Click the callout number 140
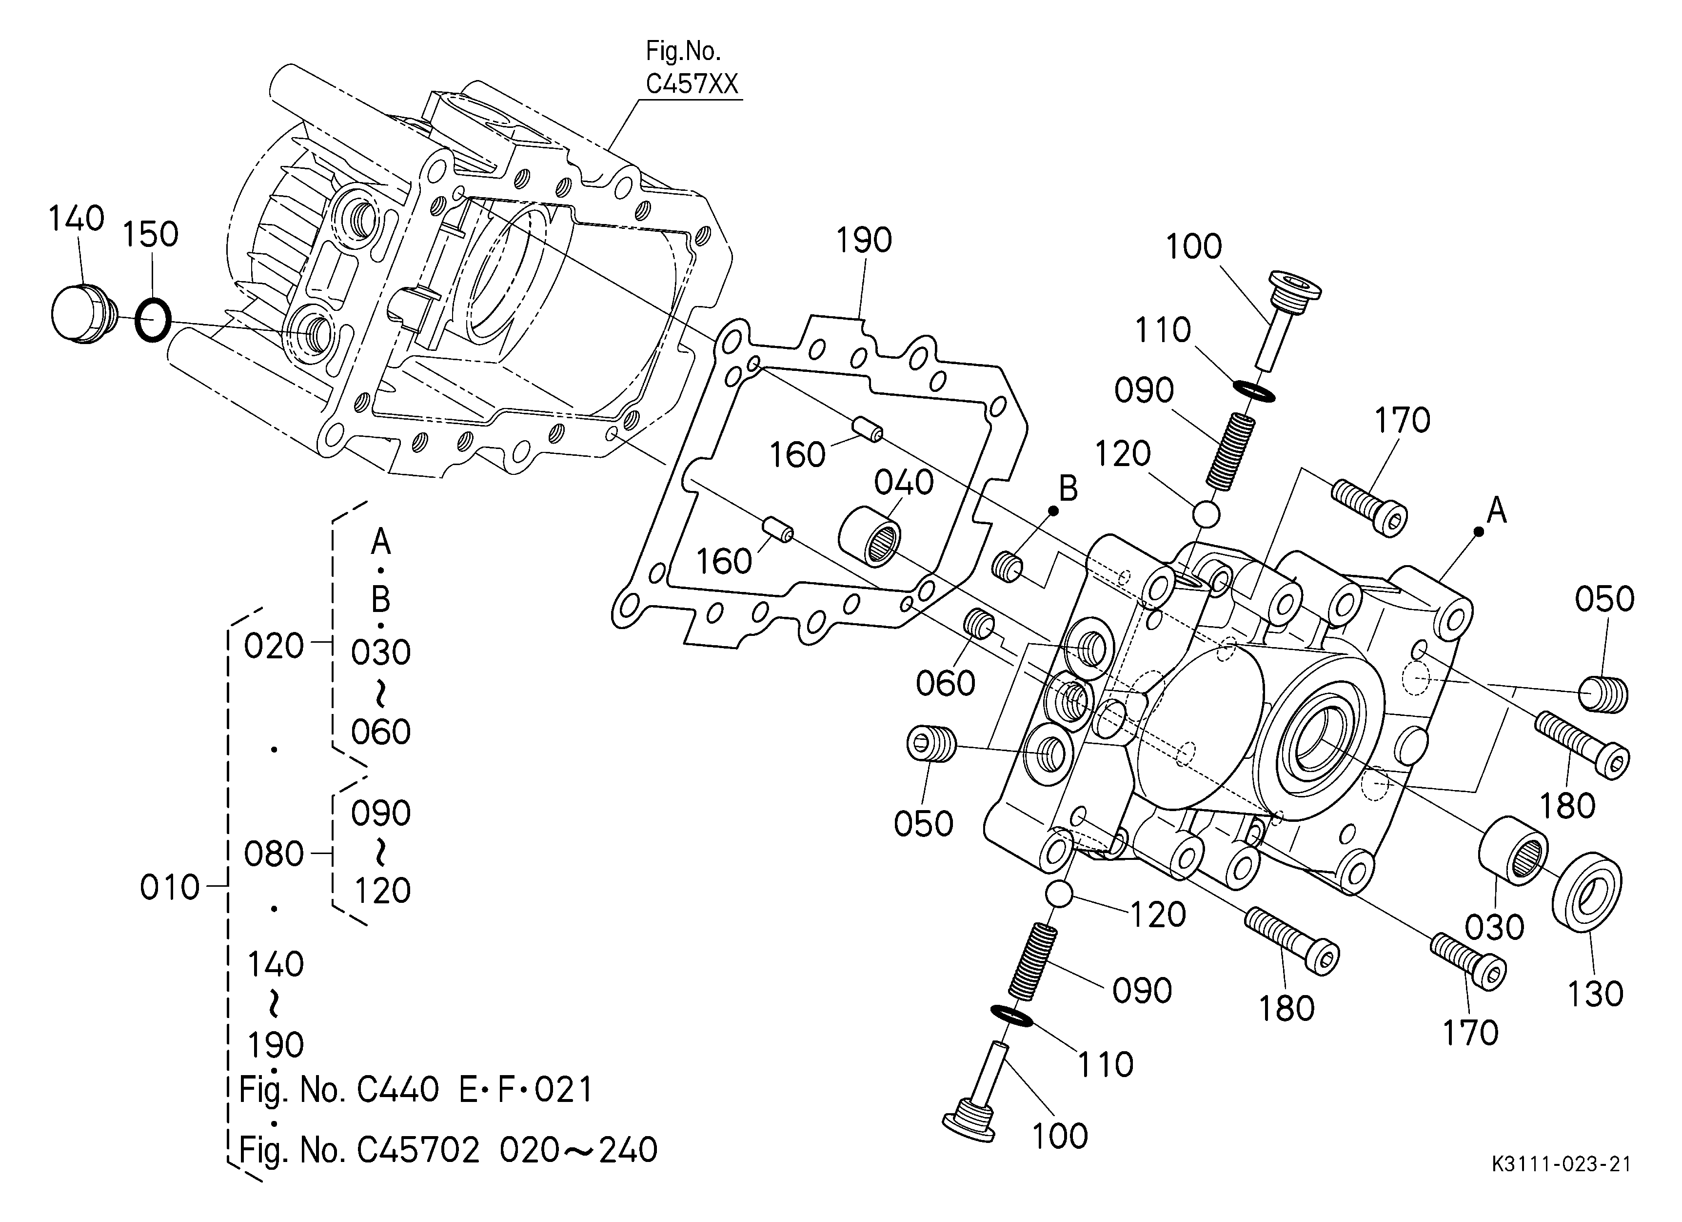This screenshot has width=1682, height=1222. pos(77,219)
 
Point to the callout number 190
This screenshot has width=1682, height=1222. pos(864,241)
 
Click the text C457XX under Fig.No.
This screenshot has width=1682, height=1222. pos(692,84)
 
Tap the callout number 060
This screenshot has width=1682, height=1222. pos(946,683)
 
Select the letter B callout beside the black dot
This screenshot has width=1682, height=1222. pos(1068,489)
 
